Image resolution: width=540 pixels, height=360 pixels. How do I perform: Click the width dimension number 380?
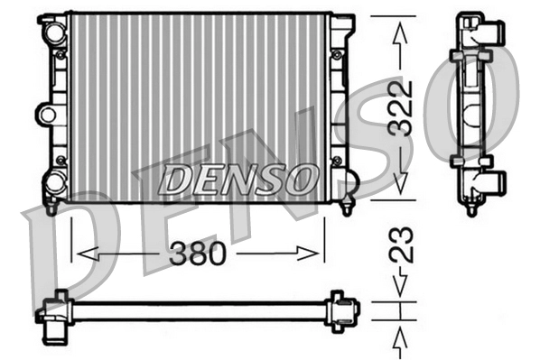click(x=198, y=254)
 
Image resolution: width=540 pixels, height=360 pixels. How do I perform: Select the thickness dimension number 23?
click(x=404, y=244)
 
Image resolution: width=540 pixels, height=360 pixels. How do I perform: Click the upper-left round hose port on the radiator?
click(x=54, y=33)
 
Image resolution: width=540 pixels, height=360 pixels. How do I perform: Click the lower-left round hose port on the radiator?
click(x=54, y=182)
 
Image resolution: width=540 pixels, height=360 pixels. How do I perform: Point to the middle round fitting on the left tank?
click(x=47, y=114)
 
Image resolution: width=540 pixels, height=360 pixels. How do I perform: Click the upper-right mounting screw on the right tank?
click(x=337, y=55)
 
